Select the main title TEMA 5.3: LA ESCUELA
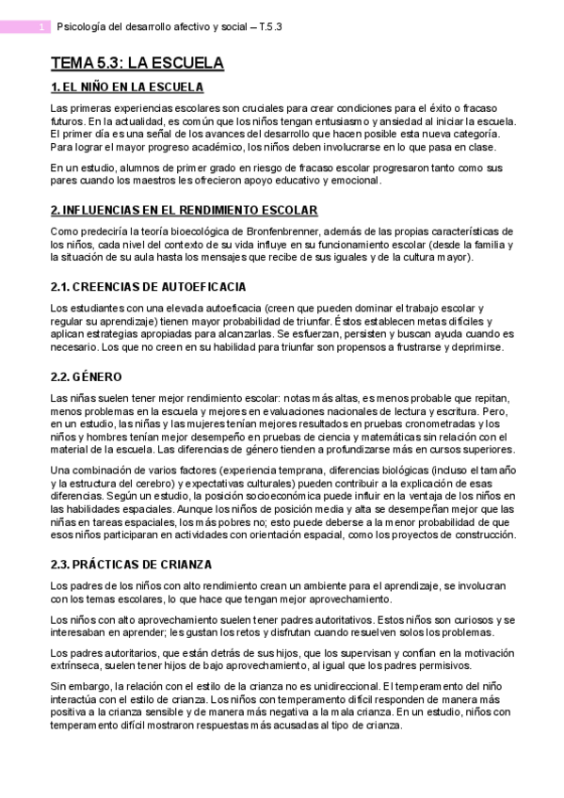coord(137,64)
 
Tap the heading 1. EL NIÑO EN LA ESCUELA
coord(126,88)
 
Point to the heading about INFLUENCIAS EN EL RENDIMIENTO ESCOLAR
coord(184,211)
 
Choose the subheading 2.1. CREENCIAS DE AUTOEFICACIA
coord(149,285)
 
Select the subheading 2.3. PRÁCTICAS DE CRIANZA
coord(130,564)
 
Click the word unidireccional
coord(333,686)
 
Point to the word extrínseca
coord(75,664)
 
